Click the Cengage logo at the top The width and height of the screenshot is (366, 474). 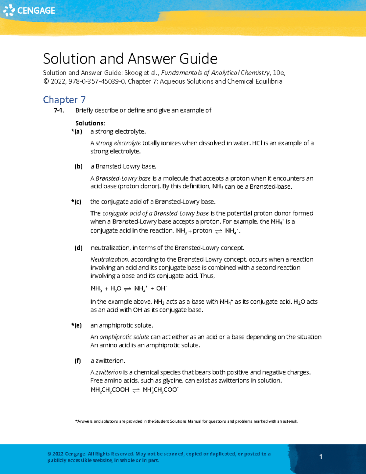pyautogui.click(x=29, y=10)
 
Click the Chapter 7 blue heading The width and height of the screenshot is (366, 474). pyautogui.click(x=64, y=100)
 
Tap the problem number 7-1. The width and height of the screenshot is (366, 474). pyautogui.click(x=59, y=110)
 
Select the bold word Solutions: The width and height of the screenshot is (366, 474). pyautogui.click(x=90, y=123)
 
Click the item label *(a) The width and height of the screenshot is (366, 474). pyautogui.click(x=77, y=132)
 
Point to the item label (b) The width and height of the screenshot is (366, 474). pyautogui.click(x=78, y=166)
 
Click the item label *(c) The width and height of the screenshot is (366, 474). pyautogui.click(x=77, y=202)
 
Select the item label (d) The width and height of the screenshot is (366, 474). pyautogui.click(x=78, y=248)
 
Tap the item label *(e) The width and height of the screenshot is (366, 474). pyautogui.click(x=77, y=325)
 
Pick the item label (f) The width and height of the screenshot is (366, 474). pyautogui.click(x=78, y=361)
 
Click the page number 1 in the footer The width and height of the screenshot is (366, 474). pyautogui.click(x=321, y=457)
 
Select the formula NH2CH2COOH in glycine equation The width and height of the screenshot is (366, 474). pyautogui.click(x=110, y=390)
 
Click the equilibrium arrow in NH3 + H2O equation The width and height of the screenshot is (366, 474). pyautogui.click(x=127, y=289)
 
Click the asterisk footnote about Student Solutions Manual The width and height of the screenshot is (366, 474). pyautogui.click(x=187, y=421)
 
